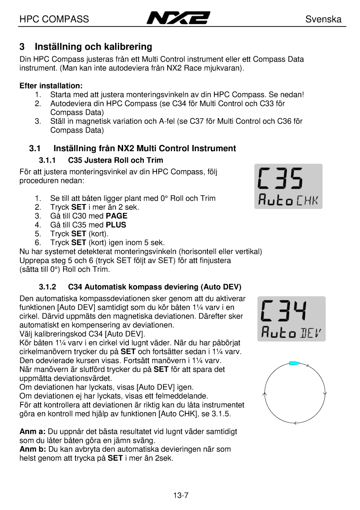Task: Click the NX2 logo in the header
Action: (178, 19)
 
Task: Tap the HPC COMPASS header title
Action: (54, 19)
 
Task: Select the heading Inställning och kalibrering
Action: (93, 47)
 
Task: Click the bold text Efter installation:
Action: (51, 86)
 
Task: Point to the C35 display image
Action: (288, 186)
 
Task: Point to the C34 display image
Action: (292, 319)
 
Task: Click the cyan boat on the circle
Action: (294, 363)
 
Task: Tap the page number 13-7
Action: (180, 495)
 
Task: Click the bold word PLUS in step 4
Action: (116, 225)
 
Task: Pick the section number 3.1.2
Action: (48, 287)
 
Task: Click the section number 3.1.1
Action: (48, 160)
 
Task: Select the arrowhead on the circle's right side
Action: (325, 393)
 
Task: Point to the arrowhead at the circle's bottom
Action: (294, 423)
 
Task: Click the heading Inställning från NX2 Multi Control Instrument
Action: (145, 149)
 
